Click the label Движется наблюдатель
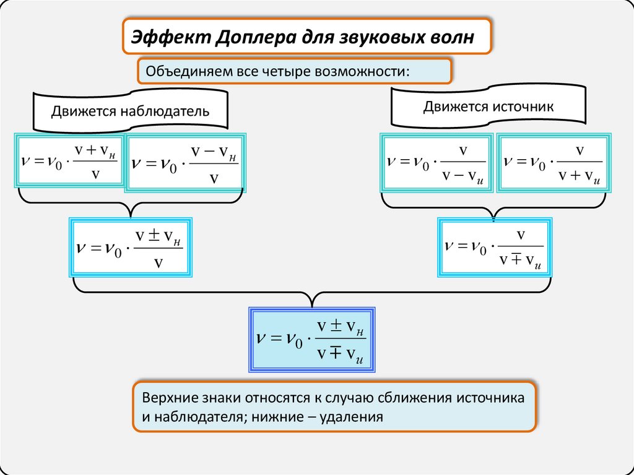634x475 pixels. (130, 112)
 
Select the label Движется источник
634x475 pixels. (488, 106)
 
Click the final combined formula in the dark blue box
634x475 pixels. (312, 339)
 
